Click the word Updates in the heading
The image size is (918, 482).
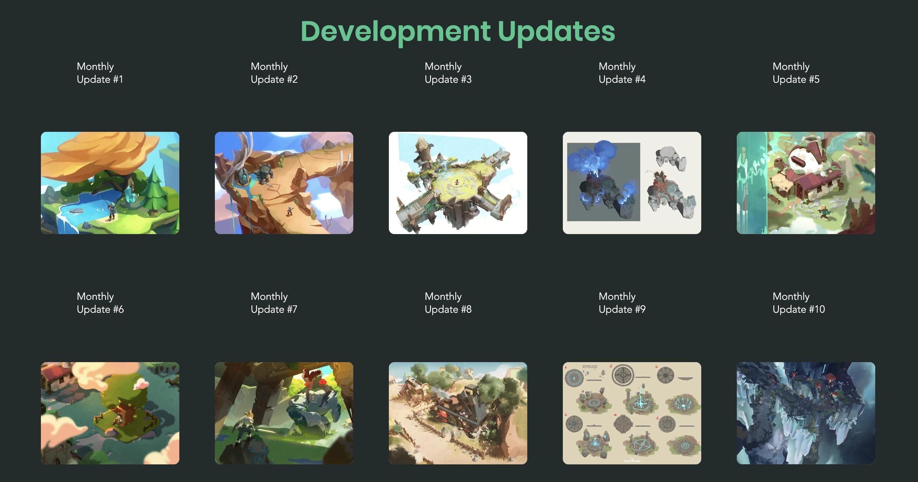[556, 32]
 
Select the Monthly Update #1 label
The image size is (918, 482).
[100, 73]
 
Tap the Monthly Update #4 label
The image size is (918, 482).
[622, 73]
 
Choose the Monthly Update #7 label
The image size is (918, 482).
[274, 303]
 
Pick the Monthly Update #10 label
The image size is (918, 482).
[799, 303]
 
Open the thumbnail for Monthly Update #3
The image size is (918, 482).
[458, 183]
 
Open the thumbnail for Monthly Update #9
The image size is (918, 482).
[632, 413]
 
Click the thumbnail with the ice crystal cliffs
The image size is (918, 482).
[806, 413]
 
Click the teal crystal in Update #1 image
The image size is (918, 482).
[130, 194]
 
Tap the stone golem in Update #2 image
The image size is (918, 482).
[265, 174]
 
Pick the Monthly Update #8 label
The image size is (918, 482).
[448, 303]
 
